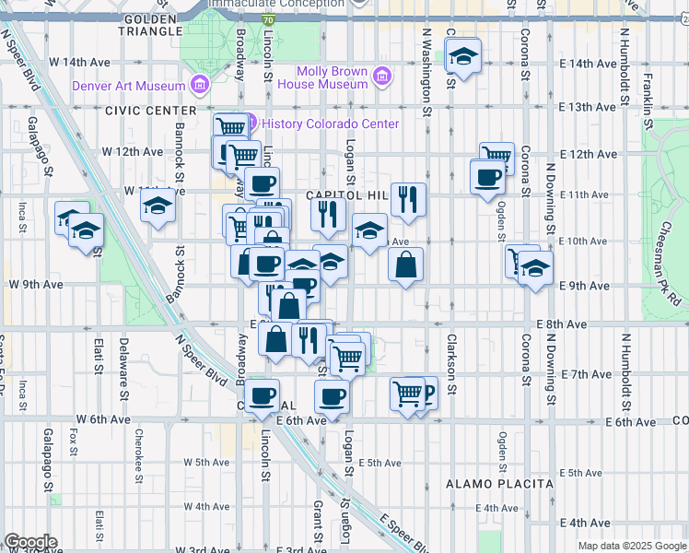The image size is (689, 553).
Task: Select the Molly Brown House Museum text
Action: [x=333, y=77]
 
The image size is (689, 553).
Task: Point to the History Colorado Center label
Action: [x=331, y=124]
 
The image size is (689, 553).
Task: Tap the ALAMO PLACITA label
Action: [x=499, y=483]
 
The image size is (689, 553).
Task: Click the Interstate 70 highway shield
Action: [x=267, y=18]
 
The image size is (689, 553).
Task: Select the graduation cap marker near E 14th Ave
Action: [x=463, y=58]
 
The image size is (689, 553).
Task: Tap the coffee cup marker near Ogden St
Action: [x=486, y=175]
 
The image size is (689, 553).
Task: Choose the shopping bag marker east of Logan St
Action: [x=405, y=265]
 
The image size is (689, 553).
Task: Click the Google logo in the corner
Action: [x=30, y=542]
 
